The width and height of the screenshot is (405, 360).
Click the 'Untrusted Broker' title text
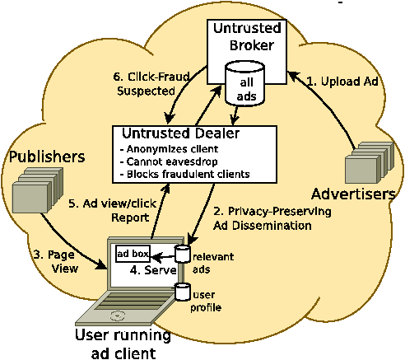247,37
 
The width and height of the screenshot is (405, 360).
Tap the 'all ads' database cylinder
244,83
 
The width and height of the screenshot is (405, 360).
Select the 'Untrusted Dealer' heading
180,133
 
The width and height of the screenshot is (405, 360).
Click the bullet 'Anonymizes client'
170,149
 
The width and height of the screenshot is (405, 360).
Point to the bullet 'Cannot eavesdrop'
169,161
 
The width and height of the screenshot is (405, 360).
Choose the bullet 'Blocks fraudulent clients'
185,174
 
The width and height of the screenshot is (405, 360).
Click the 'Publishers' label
47,157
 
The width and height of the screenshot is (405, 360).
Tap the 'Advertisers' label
353,194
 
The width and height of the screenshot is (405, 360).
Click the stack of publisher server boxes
38,190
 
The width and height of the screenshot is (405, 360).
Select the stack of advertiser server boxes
370,162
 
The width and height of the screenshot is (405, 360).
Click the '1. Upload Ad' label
342,82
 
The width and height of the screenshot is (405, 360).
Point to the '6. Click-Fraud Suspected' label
151,84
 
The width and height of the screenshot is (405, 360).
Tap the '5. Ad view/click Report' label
112,210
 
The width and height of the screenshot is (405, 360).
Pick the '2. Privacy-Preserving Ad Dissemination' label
272,218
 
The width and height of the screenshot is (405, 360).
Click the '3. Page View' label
56,262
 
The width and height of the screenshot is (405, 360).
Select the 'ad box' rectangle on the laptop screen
133,254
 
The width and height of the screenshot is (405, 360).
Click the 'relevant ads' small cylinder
183,254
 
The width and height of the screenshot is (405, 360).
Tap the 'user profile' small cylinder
183,292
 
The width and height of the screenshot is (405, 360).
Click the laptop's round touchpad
118,316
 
